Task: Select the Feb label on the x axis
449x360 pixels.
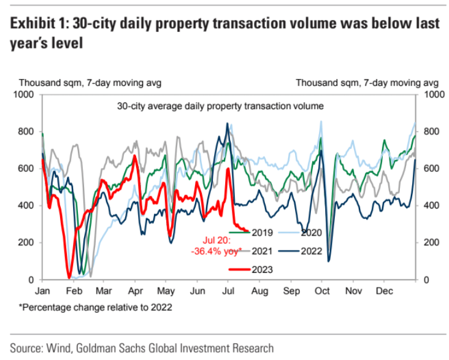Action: (x=73, y=290)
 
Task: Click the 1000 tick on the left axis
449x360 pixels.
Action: (x=26, y=95)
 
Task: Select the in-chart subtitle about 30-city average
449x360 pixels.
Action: (x=220, y=106)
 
